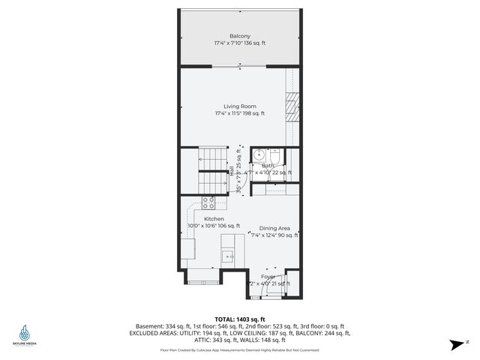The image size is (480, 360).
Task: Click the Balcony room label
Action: coord(240,36)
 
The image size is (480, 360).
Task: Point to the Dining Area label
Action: coord(274,228)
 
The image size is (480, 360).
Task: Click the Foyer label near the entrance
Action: coord(268,277)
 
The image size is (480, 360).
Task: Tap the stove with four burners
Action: coord(208,202)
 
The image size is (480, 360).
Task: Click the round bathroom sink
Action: coord(259,157)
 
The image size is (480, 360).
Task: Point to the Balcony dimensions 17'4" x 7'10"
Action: coord(240,43)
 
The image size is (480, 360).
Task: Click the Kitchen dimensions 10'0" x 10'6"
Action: coord(213,226)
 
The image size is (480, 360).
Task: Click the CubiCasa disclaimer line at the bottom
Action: coord(240,350)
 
